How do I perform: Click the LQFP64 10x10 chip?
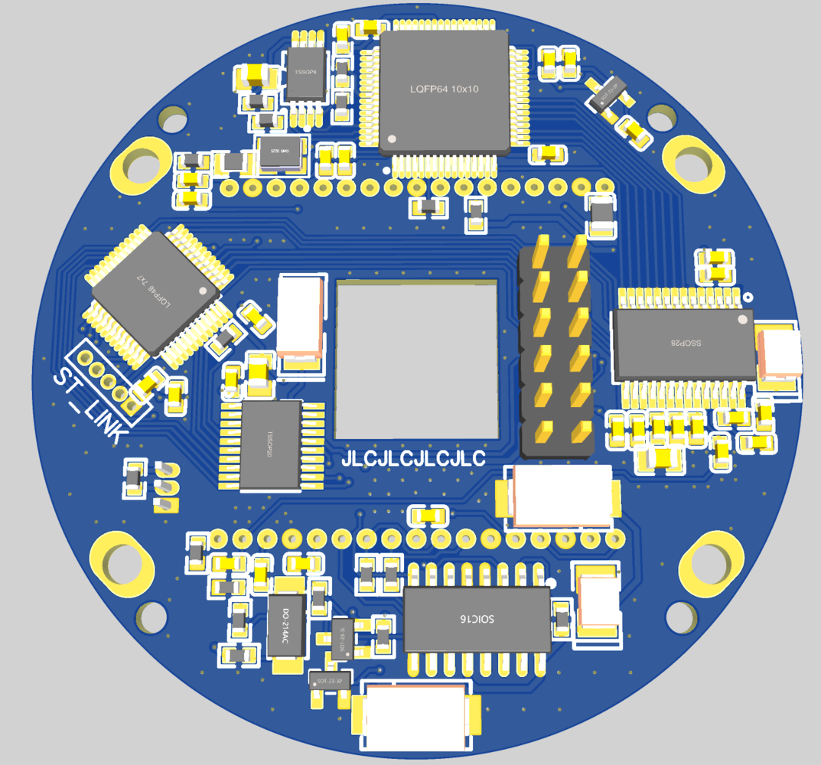(x=444, y=90)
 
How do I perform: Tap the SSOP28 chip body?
(x=683, y=343)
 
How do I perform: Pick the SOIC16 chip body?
(x=477, y=619)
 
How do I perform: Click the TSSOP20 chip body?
(x=270, y=444)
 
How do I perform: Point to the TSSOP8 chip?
(x=306, y=73)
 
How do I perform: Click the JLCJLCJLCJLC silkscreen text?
(x=413, y=459)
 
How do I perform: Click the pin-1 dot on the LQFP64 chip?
(x=393, y=140)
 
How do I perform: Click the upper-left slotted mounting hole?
(x=143, y=167)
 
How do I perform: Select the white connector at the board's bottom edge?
(x=417, y=717)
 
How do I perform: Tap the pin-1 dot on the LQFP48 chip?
(x=203, y=291)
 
